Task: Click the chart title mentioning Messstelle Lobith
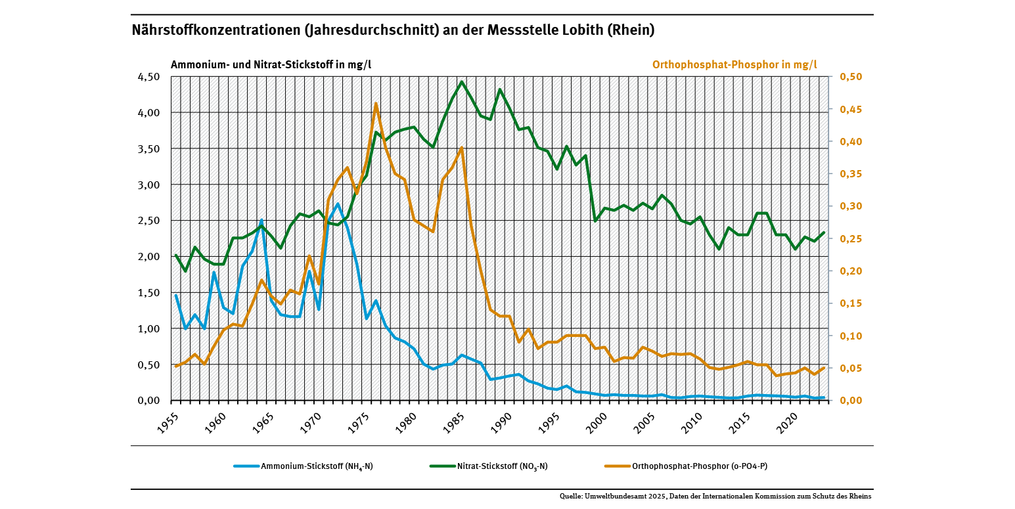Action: pyautogui.click(x=393, y=30)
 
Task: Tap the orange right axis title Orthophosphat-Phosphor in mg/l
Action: pyautogui.click(x=734, y=64)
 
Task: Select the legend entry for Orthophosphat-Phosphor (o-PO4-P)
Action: pyautogui.click(x=700, y=466)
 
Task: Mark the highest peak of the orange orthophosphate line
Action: pyautogui.click(x=376, y=103)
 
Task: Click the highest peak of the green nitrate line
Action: pyautogui.click(x=462, y=81)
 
